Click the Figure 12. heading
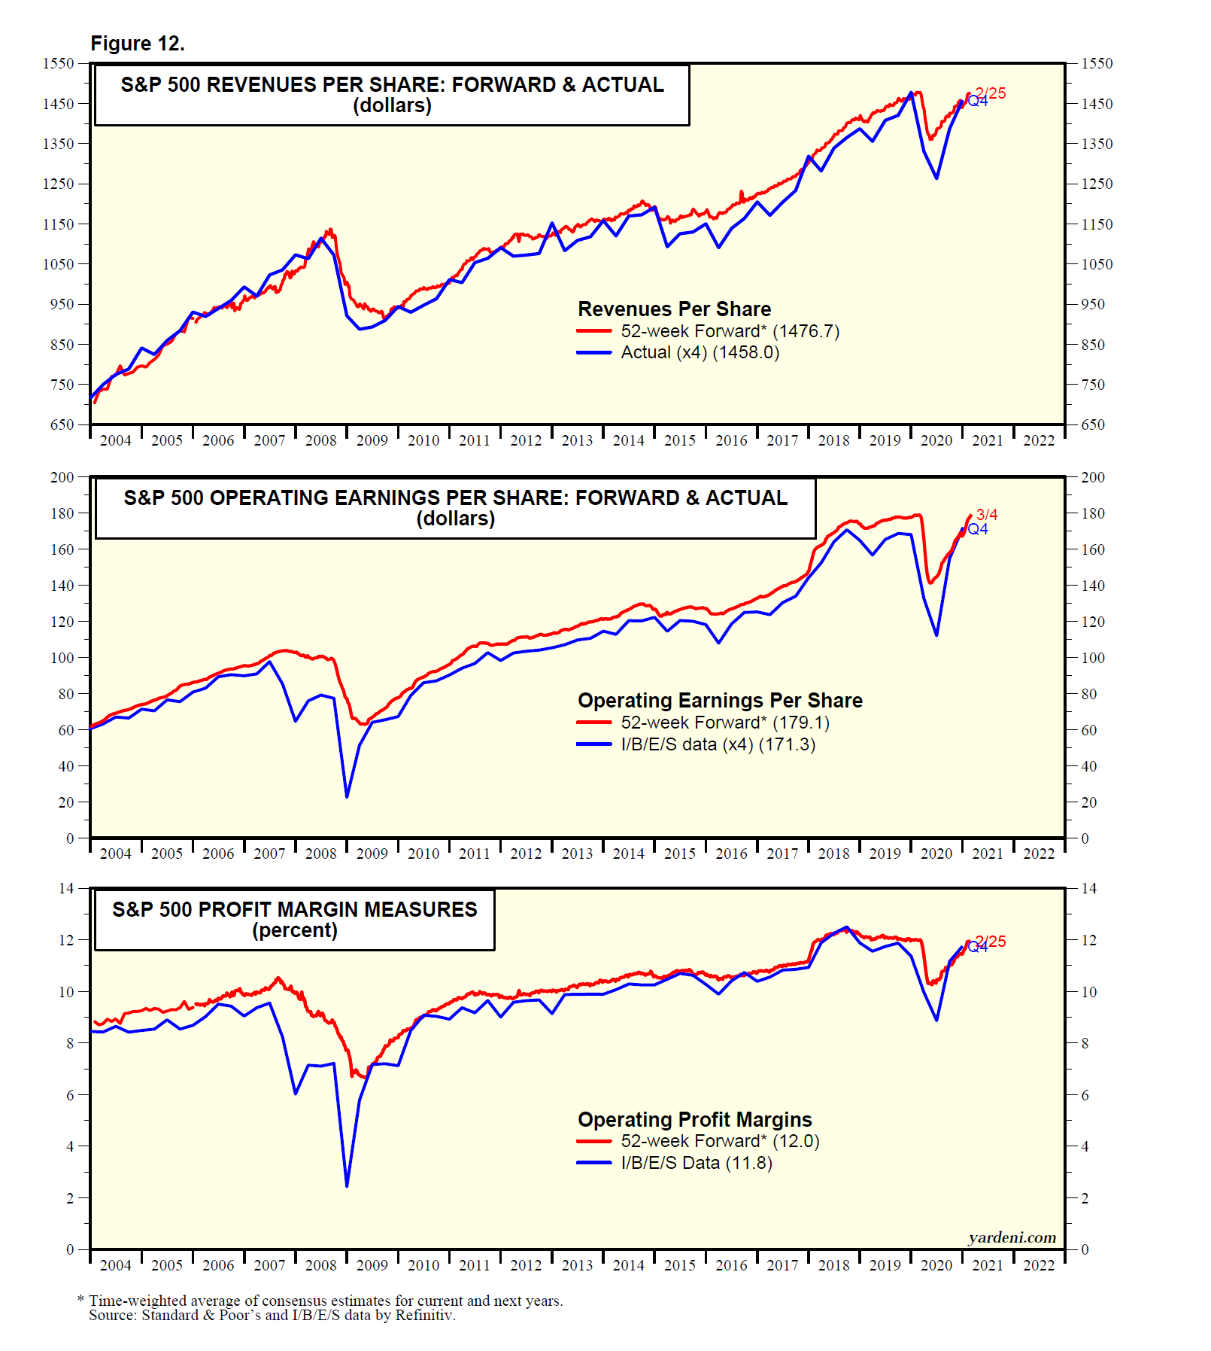coord(138,44)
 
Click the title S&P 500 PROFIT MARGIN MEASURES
coord(294,909)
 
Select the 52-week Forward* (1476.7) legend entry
coord(729,331)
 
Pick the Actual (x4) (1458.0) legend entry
coord(700,352)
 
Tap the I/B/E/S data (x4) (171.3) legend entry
coord(718,744)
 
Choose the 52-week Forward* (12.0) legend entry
coord(719,1141)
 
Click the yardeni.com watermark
coord(1012,1238)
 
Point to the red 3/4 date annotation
coord(987,515)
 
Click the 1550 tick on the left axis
coord(59,64)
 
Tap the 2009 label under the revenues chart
coord(372,441)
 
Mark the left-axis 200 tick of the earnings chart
coord(62,477)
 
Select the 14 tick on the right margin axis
coord(1088,889)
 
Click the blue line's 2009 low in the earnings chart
coord(347,796)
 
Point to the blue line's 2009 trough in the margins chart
coord(347,1186)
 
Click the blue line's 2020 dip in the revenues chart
coord(936,178)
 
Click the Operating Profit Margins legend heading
coord(694,1120)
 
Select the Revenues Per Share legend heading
coord(674,309)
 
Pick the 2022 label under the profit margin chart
coord(1038,1265)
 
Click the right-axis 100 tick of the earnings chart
coord(1092,658)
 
